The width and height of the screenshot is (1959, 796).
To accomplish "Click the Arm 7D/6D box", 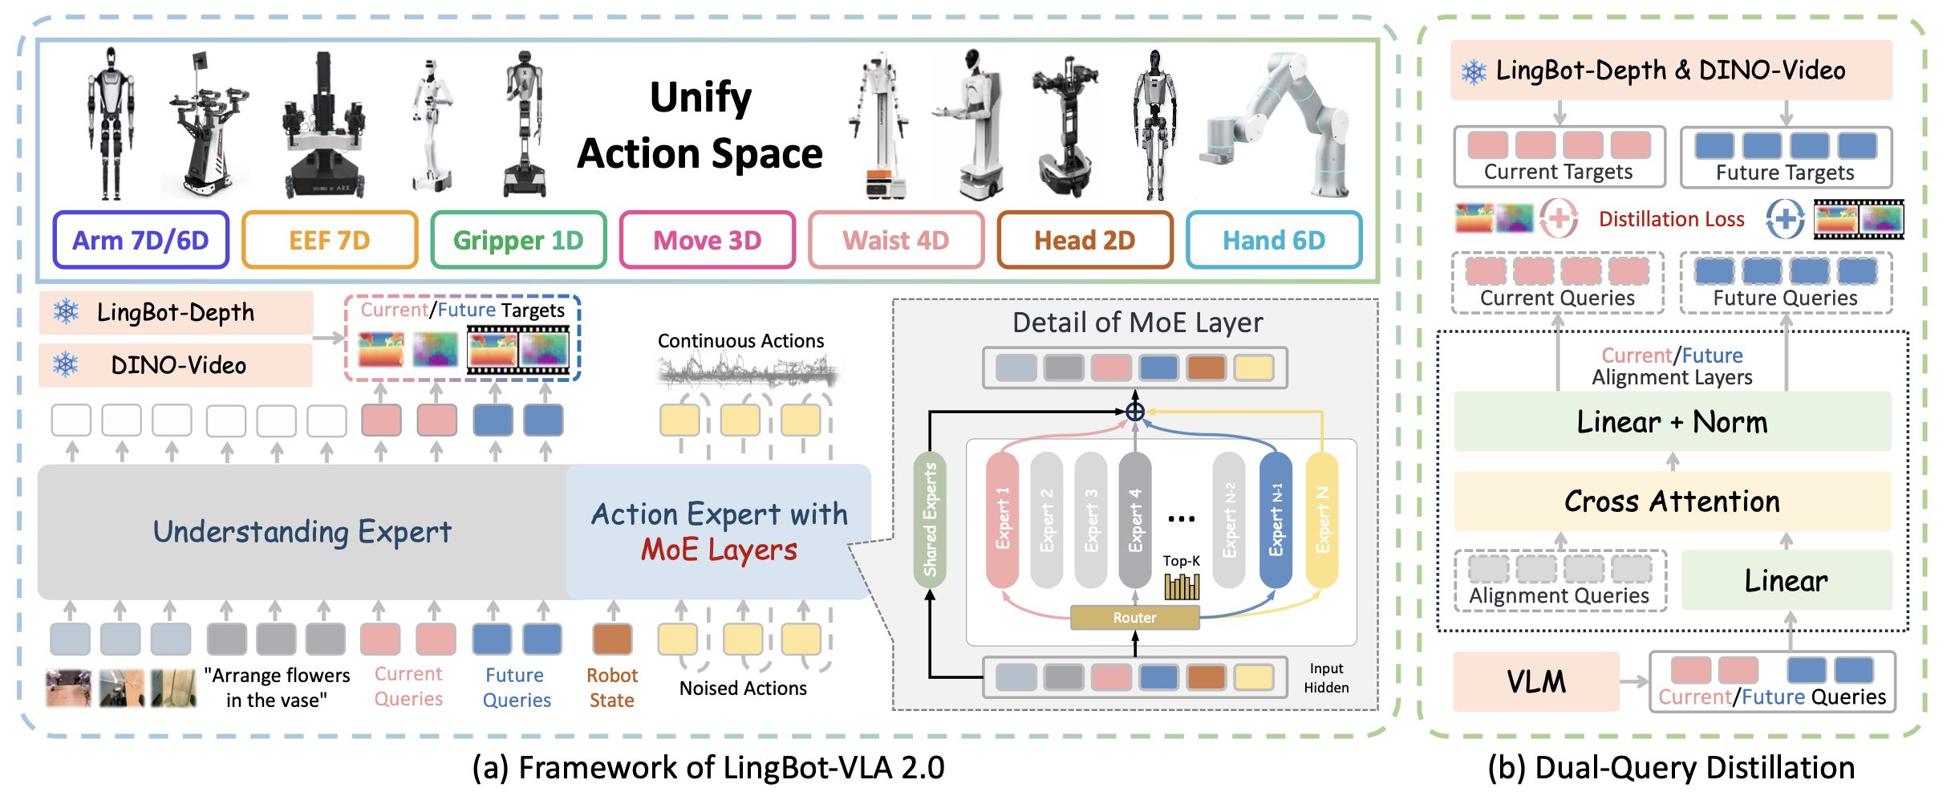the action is pyautogui.click(x=141, y=240).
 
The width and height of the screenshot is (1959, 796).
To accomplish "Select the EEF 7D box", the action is pyautogui.click(x=330, y=240).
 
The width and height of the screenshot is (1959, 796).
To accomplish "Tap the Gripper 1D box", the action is pyautogui.click(x=518, y=240).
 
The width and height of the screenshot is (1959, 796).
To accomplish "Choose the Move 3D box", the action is pyautogui.click(x=708, y=240).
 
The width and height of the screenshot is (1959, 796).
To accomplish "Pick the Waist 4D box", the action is pyautogui.click(x=896, y=240).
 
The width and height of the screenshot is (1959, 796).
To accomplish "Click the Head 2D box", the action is pyautogui.click(x=1085, y=240).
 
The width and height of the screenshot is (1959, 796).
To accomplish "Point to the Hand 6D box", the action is pyautogui.click(x=1274, y=240).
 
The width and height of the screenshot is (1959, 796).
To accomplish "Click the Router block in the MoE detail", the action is pyautogui.click(x=1134, y=617).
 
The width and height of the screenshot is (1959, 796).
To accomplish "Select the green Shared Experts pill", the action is pyautogui.click(x=930, y=519).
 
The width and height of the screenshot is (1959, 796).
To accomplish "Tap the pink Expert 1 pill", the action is pyautogui.click(x=1002, y=519).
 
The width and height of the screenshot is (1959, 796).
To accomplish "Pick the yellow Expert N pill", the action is pyautogui.click(x=1322, y=519).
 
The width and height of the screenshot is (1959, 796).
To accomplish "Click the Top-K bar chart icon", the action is pyautogui.click(x=1182, y=587).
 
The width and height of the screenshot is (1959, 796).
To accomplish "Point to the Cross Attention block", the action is pyautogui.click(x=1673, y=502).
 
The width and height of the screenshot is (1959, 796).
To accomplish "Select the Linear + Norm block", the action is pyautogui.click(x=1673, y=421).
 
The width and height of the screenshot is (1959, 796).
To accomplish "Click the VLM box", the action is pyautogui.click(x=1536, y=681).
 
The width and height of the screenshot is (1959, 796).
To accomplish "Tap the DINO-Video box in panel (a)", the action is pyautogui.click(x=176, y=365).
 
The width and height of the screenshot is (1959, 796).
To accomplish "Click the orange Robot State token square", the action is pyautogui.click(x=613, y=640).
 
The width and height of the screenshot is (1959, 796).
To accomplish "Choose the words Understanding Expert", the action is pyautogui.click(x=302, y=532).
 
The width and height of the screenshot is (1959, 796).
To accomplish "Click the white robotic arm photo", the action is pyautogui.click(x=1276, y=124).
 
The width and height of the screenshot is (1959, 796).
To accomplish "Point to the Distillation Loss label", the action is pyautogui.click(x=1672, y=219).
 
